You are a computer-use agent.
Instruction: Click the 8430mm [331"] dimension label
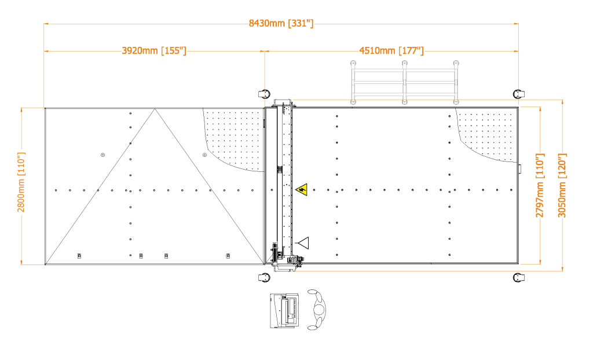(281, 24)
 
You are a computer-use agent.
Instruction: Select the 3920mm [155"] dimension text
(154, 51)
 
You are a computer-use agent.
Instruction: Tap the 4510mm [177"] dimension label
(391, 51)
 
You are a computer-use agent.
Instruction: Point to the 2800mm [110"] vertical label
(21, 182)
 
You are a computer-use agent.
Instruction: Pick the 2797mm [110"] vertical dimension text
(540, 185)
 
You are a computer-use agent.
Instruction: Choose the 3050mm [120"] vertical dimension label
(562, 185)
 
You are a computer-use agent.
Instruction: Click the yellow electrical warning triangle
(302, 189)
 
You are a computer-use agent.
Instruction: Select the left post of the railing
(353, 83)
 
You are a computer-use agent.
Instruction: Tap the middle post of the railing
(404, 83)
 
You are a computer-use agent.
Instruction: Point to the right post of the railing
(456, 83)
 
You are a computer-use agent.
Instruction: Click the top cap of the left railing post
(353, 63)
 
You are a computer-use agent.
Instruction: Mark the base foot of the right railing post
(456, 102)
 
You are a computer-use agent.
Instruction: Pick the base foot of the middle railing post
(404, 102)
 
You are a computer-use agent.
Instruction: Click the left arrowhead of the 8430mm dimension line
(46, 24)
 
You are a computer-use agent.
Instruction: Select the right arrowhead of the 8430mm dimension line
(516, 24)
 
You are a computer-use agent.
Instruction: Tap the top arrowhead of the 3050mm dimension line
(562, 102)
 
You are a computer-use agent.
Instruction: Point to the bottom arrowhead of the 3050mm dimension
(562, 269)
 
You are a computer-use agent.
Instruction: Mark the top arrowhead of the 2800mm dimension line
(21, 110)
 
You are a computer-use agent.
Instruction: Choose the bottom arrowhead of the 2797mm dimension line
(540, 262)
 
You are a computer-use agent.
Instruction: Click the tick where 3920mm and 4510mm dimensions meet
(265, 52)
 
